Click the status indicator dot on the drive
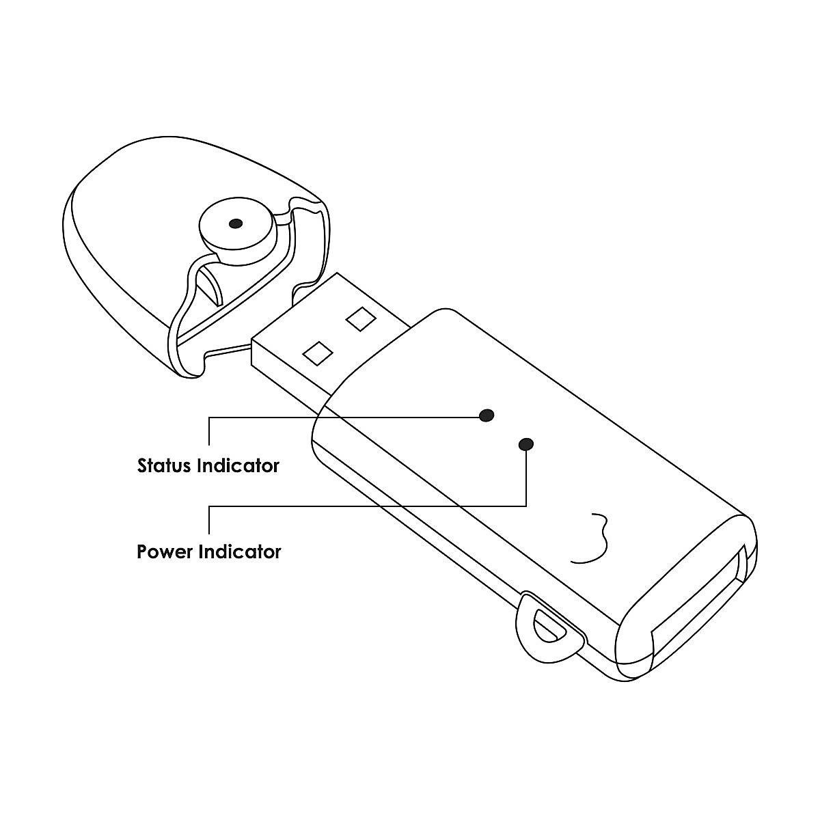[487, 415]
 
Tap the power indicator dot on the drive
[526, 445]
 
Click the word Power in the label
[165, 551]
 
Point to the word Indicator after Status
[238, 466]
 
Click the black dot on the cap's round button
[236, 223]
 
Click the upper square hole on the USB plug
[361, 318]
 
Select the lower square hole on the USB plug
[317, 353]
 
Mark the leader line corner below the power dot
[526, 506]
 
